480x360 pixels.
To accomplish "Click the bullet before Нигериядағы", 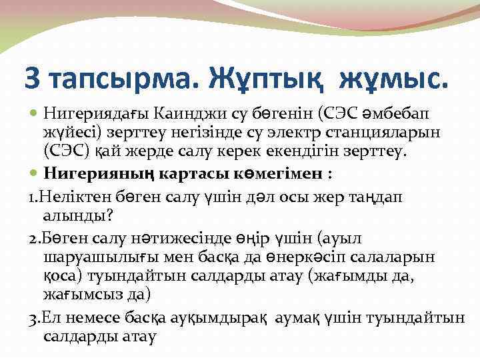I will (x=35, y=108).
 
